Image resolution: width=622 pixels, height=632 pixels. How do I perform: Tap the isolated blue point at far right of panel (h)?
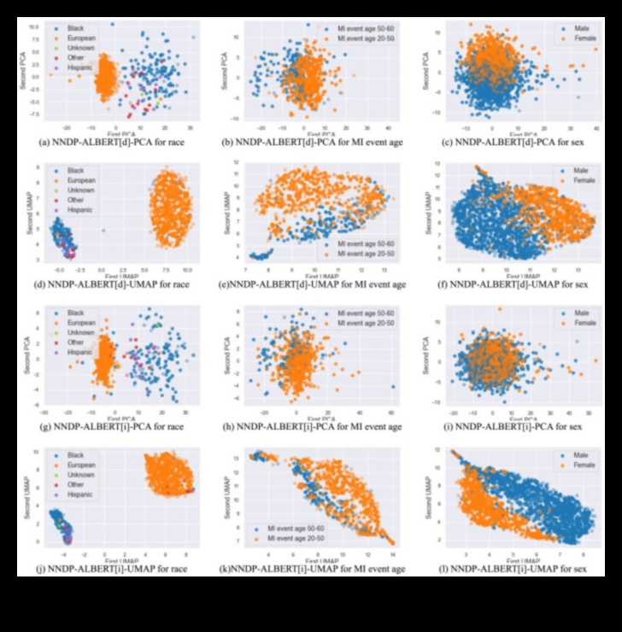pos(393,386)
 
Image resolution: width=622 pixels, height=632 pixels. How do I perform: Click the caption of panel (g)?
pos(106,425)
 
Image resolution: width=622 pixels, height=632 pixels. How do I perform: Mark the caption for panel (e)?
pos(308,284)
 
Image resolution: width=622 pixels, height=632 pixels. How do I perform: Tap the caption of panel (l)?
pos(512,566)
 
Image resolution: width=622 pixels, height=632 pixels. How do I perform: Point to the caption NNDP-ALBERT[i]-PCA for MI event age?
pos(309,425)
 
